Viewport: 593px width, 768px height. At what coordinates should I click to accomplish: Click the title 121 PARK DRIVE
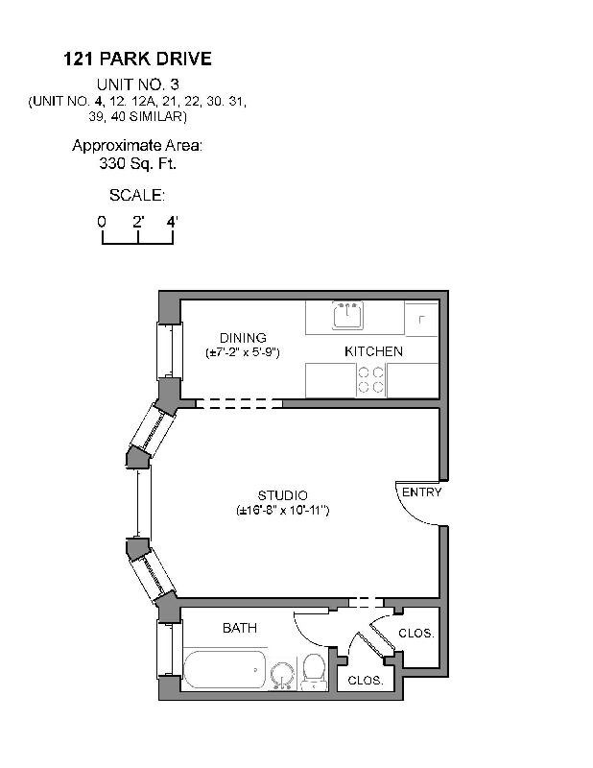(137, 60)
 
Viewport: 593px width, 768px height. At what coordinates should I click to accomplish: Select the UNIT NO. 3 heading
(137, 84)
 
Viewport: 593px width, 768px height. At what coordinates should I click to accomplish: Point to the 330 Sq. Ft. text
(137, 163)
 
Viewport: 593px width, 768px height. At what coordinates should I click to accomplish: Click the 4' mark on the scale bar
(173, 221)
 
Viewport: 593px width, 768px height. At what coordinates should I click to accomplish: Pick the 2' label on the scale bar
(138, 221)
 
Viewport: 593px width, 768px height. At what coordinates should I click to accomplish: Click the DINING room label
(242, 338)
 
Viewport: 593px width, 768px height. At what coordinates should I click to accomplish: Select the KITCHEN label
(373, 351)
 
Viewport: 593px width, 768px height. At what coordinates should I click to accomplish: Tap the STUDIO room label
(282, 495)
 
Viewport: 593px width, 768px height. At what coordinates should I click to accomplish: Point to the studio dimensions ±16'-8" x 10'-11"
(282, 511)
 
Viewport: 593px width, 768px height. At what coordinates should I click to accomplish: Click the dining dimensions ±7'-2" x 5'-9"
(242, 353)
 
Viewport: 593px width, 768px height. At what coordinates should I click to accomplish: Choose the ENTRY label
(421, 492)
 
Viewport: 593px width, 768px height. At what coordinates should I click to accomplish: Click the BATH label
(239, 628)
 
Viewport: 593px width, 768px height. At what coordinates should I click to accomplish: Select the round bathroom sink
(282, 676)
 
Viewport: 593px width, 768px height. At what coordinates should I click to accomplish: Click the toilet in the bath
(313, 672)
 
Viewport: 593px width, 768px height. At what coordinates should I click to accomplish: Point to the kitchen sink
(346, 315)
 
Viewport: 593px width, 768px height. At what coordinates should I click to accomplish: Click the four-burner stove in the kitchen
(371, 380)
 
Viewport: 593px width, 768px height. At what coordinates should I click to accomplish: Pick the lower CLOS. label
(366, 680)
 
